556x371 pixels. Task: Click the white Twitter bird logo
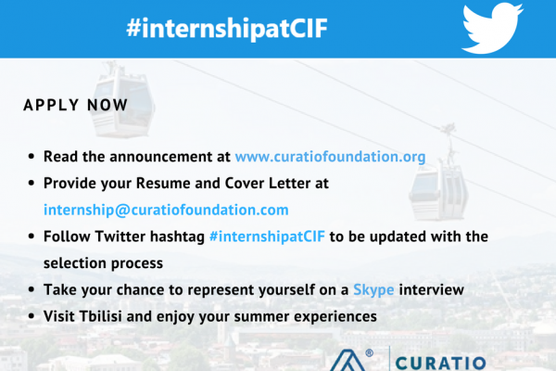(492, 29)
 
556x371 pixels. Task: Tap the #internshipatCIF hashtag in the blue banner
(227, 29)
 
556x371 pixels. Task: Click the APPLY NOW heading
(76, 105)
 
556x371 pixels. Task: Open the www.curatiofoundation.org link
(330, 157)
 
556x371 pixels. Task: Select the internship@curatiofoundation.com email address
(166, 210)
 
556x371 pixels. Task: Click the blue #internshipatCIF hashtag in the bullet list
(267, 237)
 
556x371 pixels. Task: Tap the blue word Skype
(373, 290)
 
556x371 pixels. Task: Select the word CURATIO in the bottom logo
(440, 364)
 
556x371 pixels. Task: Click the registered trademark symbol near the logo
(369, 352)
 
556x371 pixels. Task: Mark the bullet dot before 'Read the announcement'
(32, 156)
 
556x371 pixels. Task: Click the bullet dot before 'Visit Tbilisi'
(32, 316)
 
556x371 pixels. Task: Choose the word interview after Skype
(431, 289)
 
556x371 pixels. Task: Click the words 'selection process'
(103, 263)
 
